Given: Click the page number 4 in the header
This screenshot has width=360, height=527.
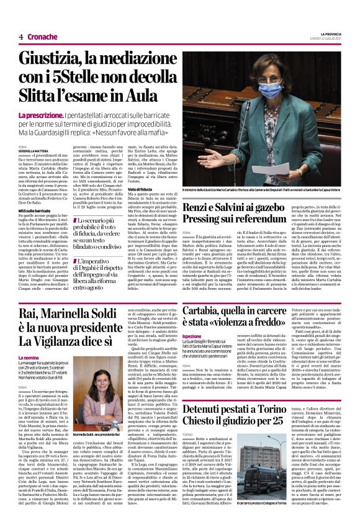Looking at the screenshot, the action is [20, 37].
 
